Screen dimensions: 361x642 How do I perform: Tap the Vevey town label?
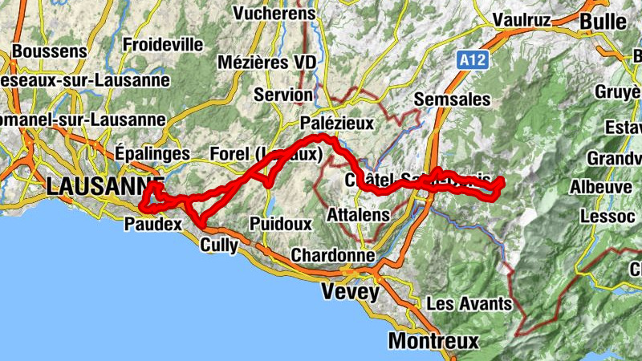click(x=350, y=292)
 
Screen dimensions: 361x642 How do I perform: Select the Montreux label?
click(x=433, y=341)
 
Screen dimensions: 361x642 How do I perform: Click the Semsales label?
click(x=453, y=99)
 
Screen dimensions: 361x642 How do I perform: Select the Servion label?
click(x=283, y=95)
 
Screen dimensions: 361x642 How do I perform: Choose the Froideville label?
click(x=163, y=44)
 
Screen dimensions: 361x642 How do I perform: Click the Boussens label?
click(x=50, y=51)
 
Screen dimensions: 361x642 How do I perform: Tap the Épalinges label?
click(x=152, y=152)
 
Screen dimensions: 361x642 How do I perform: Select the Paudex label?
click(x=152, y=224)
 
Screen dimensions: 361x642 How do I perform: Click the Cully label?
click(x=219, y=245)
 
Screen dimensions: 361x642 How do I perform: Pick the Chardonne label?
click(x=333, y=255)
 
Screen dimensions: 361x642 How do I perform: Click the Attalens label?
click(x=359, y=215)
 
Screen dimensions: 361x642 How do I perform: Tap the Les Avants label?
click(x=469, y=304)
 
